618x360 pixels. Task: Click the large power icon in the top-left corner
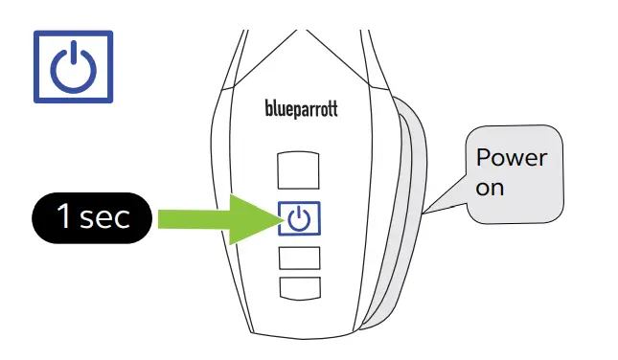coord(73,66)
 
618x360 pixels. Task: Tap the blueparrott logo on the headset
coord(301,109)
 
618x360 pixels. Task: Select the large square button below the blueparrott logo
coord(299,169)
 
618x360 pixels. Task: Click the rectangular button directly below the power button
coord(299,257)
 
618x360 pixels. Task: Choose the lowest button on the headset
coord(299,286)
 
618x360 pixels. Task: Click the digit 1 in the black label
coord(64,217)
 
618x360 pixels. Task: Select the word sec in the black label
coord(104,218)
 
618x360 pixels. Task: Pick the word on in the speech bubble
coord(490,188)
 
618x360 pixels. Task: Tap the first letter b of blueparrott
coord(267,109)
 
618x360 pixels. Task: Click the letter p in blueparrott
coord(298,111)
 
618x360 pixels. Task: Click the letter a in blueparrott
coord(307,110)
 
